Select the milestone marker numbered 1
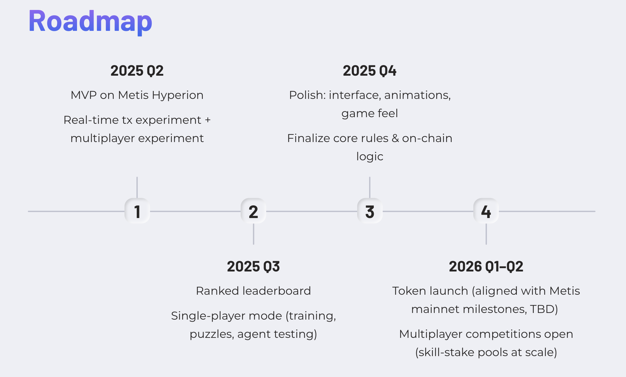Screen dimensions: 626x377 click(137, 211)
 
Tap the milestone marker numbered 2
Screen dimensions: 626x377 click(254, 211)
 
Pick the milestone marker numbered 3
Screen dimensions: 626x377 click(370, 211)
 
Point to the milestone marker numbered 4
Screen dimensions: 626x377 click(486, 211)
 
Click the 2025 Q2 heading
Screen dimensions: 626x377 click(137, 71)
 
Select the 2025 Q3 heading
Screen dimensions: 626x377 click(254, 266)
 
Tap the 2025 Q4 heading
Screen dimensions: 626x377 click(370, 71)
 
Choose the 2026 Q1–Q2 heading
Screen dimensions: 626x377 click(486, 266)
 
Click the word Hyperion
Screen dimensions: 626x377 click(178, 96)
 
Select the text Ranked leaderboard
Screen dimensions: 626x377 click(254, 291)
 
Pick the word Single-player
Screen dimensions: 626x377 click(208, 316)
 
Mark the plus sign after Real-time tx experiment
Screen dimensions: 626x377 click(208, 120)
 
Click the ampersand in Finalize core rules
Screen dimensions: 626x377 click(395, 138)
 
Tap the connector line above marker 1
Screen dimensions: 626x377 click(137, 188)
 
